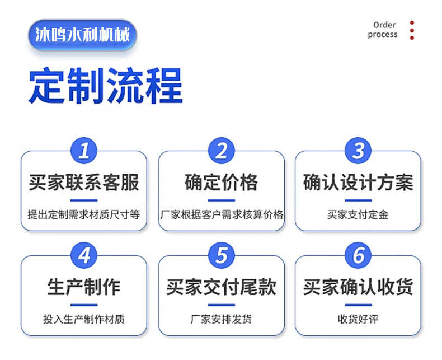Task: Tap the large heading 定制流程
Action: tap(106, 86)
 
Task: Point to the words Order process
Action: tap(383, 30)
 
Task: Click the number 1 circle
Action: tap(84, 151)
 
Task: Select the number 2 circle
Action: tap(222, 151)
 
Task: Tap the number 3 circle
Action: tap(359, 151)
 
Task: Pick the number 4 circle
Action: tap(84, 256)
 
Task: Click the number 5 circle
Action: tap(222, 256)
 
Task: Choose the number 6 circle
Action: tap(359, 256)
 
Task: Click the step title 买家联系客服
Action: tap(84, 183)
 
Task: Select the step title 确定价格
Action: tap(222, 183)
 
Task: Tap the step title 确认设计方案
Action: tap(358, 183)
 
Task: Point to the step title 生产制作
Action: tap(84, 288)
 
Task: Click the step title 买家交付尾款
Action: tap(222, 288)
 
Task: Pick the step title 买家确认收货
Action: tap(358, 288)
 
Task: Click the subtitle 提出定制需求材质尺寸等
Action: tap(84, 214)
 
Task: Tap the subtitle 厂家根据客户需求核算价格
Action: tap(222, 214)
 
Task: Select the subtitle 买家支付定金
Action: tap(358, 214)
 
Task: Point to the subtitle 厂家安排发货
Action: tap(222, 320)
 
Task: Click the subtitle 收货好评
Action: tap(358, 320)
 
